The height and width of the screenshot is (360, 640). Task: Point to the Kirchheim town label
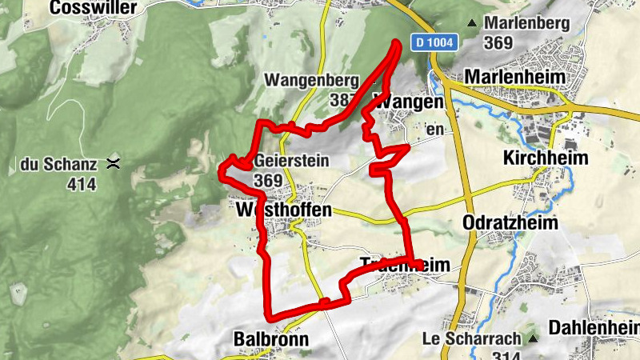point(546,158)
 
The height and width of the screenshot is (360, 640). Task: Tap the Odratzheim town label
point(510,223)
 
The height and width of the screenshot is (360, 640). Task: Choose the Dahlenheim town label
point(594,327)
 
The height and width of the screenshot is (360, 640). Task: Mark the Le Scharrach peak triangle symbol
point(532,338)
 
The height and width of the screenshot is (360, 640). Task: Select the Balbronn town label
point(271,339)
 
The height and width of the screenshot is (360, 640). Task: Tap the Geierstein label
point(291,161)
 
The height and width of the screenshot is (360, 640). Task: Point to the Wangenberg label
point(311,81)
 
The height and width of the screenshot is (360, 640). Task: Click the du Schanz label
point(58,166)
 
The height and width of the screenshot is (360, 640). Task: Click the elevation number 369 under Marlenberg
point(498,43)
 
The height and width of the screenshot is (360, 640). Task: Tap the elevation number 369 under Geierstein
point(268,181)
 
